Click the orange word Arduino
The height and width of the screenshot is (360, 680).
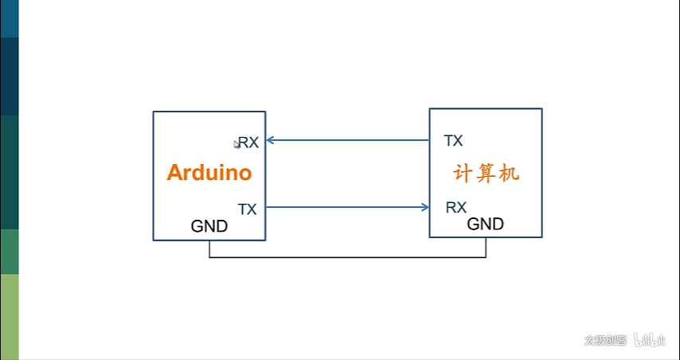(x=209, y=173)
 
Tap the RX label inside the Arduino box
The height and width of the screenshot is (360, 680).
(x=249, y=143)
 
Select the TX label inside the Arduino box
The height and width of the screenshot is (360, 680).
(x=248, y=209)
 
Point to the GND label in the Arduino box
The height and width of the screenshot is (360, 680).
(x=209, y=226)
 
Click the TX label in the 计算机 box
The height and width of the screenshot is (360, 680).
(x=453, y=141)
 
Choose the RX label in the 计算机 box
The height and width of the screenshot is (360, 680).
(x=455, y=208)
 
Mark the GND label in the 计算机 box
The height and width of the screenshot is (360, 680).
(x=485, y=224)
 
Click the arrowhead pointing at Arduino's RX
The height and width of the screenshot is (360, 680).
(x=270, y=140)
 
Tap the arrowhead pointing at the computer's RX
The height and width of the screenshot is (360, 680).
(x=425, y=208)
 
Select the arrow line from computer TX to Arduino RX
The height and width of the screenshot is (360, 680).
(x=350, y=140)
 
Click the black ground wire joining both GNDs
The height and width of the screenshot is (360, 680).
(x=347, y=257)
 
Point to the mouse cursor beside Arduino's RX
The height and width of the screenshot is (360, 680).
(x=236, y=143)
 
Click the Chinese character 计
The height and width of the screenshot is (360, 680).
(x=463, y=173)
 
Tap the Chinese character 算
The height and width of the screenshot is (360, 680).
(x=486, y=173)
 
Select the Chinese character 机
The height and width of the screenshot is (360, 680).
(x=509, y=173)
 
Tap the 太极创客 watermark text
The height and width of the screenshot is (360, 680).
(x=605, y=340)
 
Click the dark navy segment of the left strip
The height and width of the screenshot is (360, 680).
(x=9, y=76)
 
